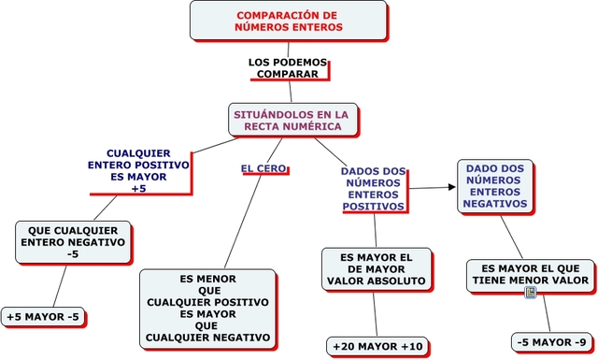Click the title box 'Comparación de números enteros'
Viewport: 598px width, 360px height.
[288, 21]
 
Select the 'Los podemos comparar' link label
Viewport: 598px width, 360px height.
[288, 67]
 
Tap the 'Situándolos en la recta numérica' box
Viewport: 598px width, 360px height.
[291, 120]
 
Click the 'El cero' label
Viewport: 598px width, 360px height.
[263, 168]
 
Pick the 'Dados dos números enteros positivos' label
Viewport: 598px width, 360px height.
[373, 188]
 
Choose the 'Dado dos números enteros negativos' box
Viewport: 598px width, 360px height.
[495, 184]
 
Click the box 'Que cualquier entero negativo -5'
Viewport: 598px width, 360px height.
[73, 241]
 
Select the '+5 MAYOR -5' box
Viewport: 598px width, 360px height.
[43, 317]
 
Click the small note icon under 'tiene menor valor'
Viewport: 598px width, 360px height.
[531, 293]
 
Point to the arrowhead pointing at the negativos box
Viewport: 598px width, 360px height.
[451, 187]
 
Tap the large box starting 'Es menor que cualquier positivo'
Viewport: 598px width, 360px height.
[207, 308]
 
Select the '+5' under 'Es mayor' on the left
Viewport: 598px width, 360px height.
[138, 188]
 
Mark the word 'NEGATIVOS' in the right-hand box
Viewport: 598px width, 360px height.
[495, 203]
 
